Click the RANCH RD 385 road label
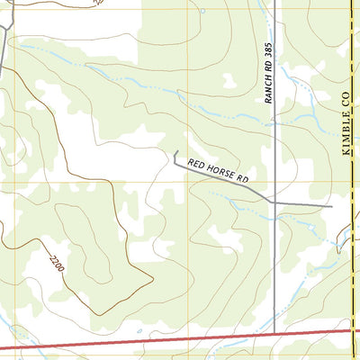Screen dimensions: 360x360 268,71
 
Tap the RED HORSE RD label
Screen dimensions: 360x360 217,170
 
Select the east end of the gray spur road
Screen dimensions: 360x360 331,206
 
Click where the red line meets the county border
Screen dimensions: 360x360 350,330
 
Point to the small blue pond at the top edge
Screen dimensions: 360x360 202,11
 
